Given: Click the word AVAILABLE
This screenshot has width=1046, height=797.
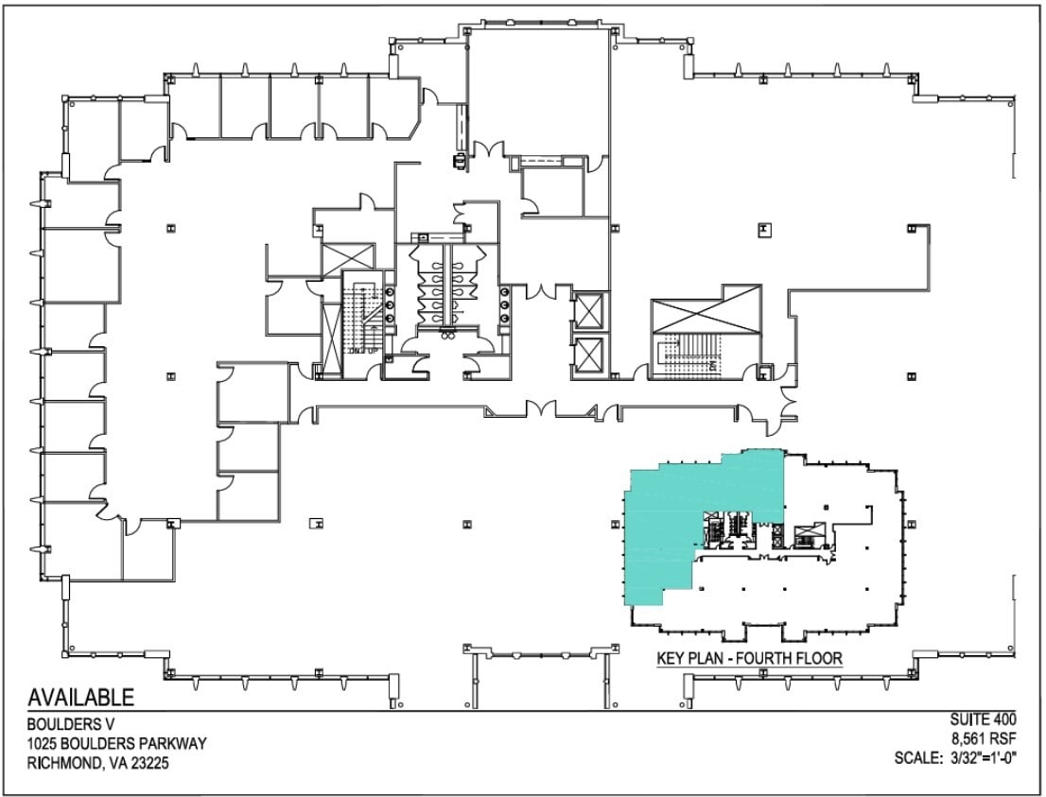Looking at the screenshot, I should (x=81, y=699).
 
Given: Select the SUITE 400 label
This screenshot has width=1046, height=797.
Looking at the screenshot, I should (x=982, y=723).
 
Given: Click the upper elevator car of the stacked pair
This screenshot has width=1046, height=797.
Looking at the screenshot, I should (x=588, y=310).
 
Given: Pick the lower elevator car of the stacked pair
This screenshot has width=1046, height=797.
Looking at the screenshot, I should (x=588, y=355).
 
